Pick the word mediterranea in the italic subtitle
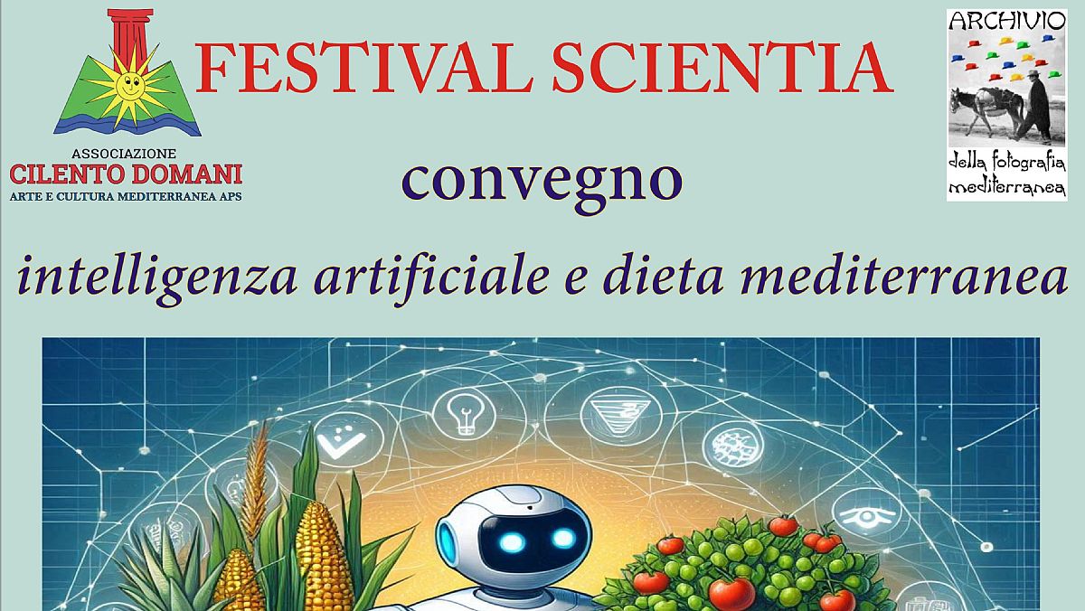click(x=904, y=275)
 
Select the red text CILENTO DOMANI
click(x=126, y=173)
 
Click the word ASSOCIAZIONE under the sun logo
click(x=126, y=155)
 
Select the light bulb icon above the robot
click(x=464, y=414)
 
